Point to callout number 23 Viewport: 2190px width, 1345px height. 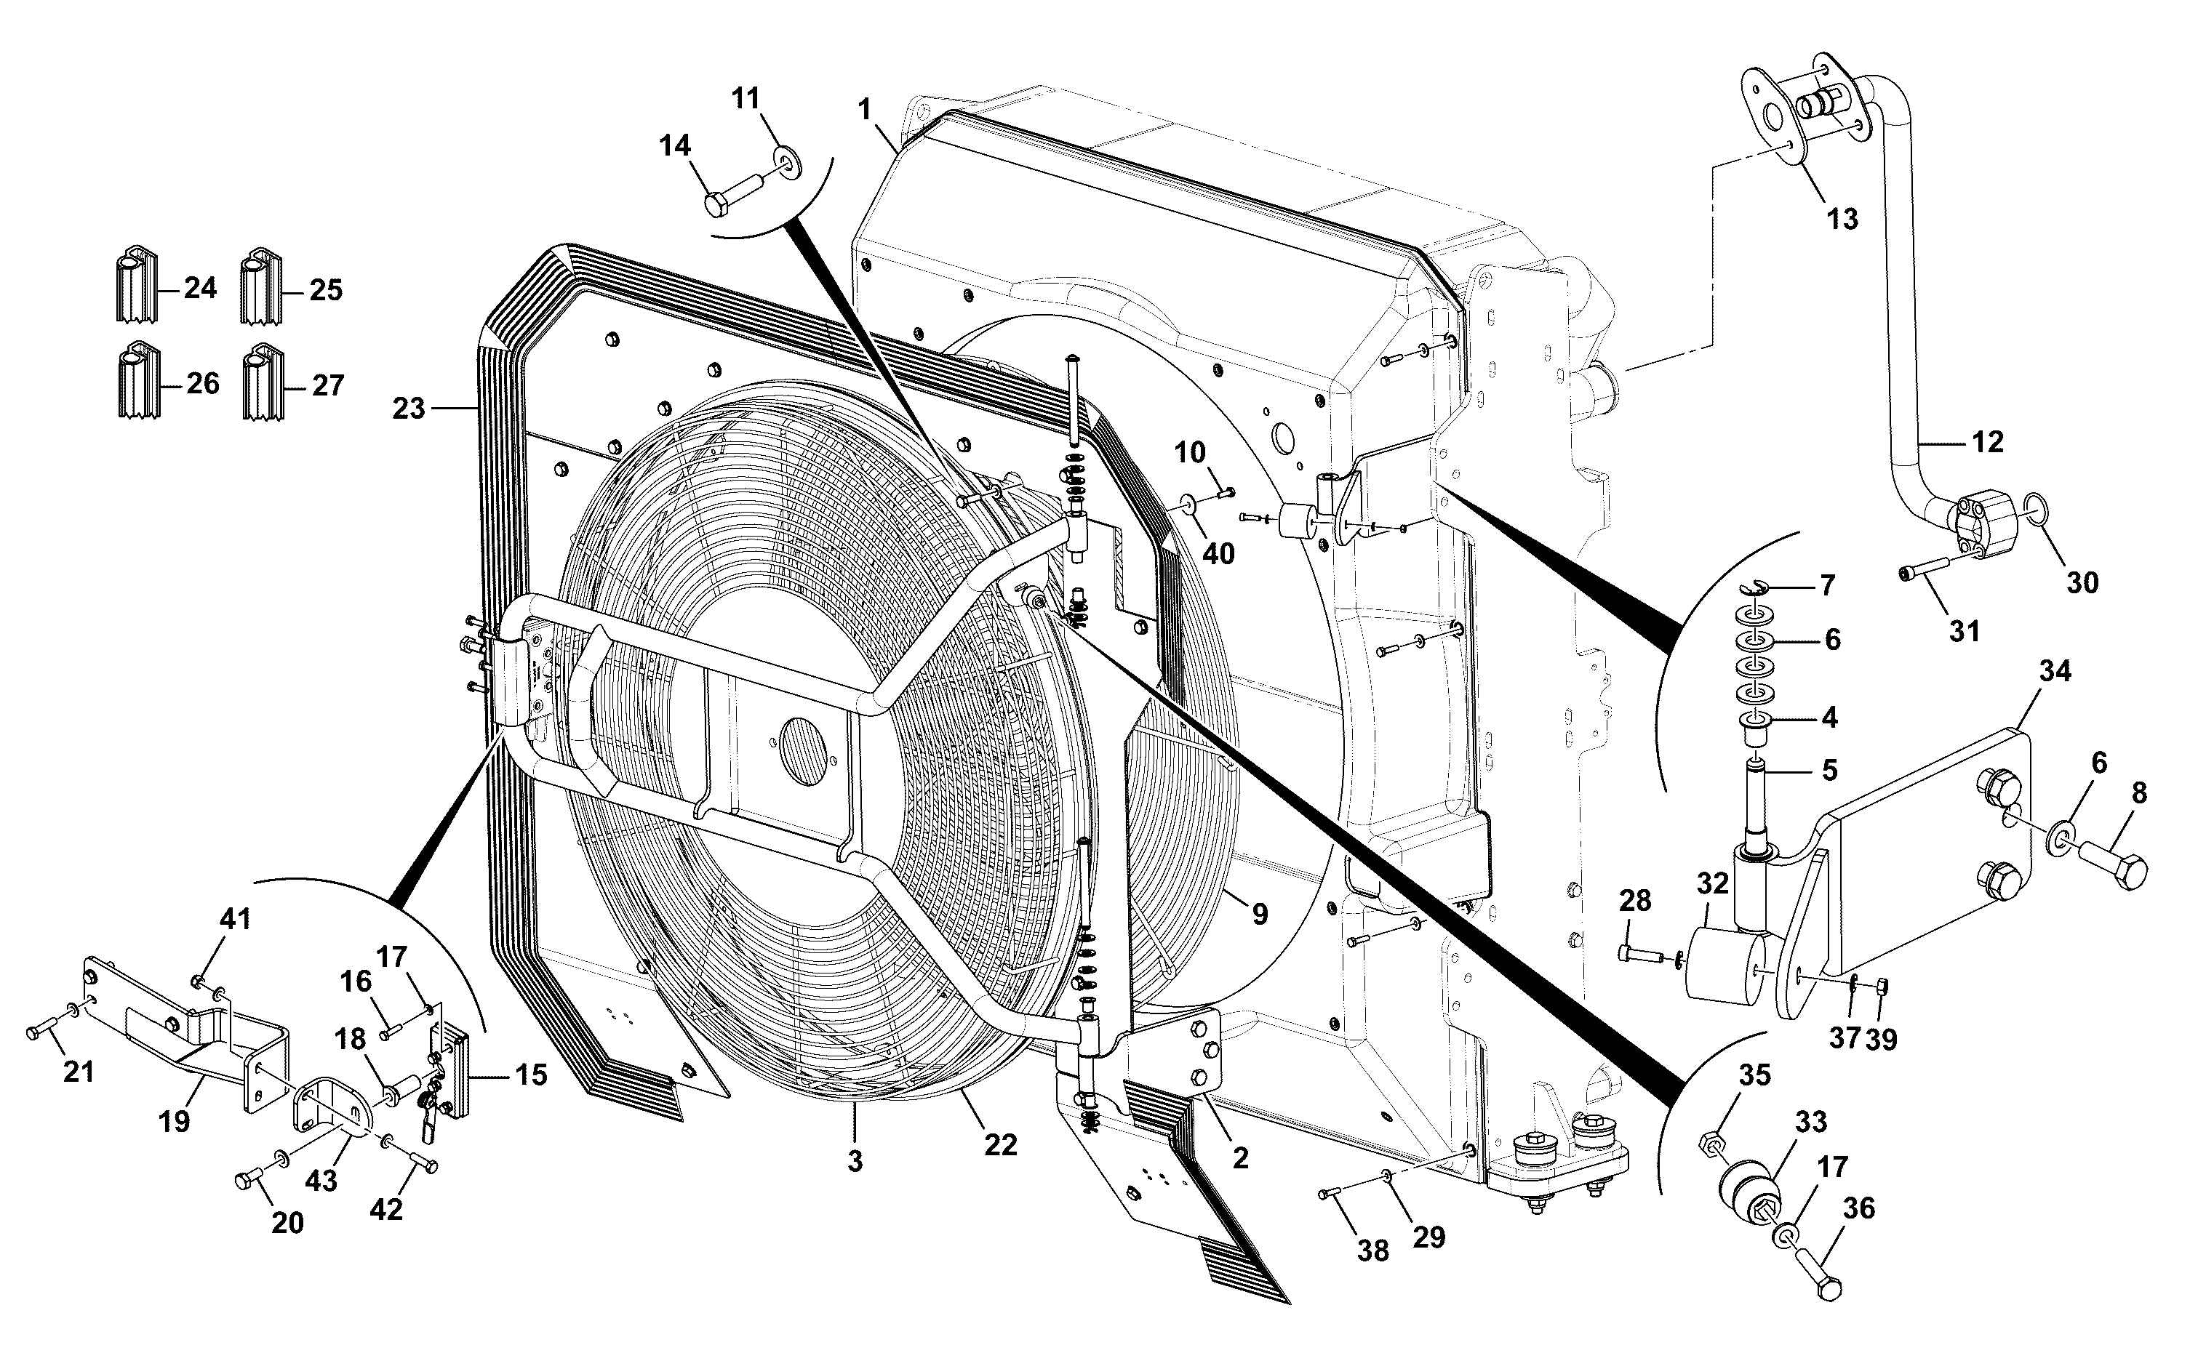409,409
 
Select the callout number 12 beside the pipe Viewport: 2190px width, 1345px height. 1988,441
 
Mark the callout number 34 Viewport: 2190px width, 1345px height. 2055,672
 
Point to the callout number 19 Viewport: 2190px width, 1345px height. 175,1122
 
